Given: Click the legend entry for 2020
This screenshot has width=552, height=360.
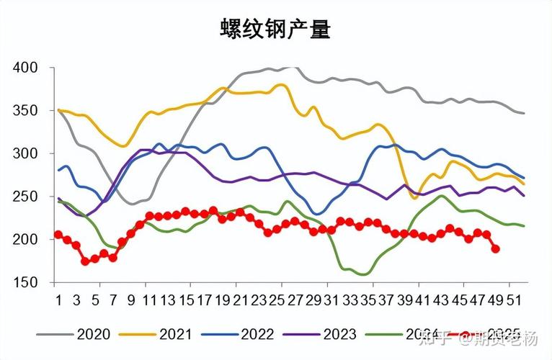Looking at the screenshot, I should point(94,334).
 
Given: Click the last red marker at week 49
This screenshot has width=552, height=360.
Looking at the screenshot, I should point(495,249).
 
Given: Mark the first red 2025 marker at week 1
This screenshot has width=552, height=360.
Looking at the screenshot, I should point(58,235).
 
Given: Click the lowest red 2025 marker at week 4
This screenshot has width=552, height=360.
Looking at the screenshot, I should point(86,261).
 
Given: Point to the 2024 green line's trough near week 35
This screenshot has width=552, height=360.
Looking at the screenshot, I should point(365,274).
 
